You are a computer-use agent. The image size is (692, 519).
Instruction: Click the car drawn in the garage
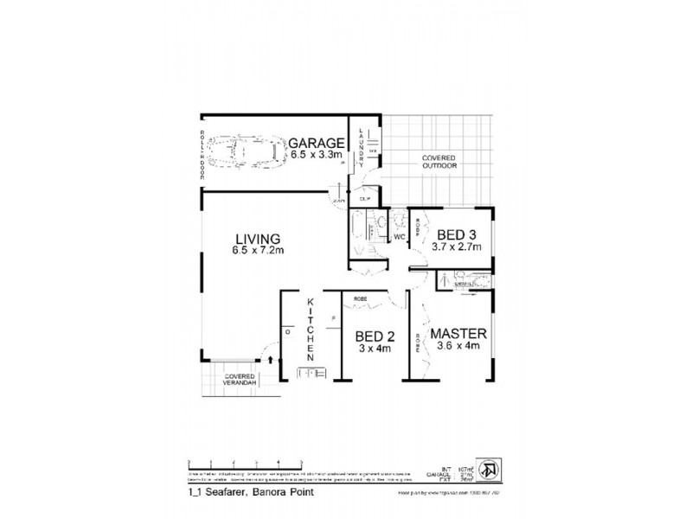250,152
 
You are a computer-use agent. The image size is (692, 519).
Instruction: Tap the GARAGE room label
317,144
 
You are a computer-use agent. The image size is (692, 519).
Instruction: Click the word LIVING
257,238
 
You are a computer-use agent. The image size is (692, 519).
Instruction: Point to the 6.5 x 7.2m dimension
258,251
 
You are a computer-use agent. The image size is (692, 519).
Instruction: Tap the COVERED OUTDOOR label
439,162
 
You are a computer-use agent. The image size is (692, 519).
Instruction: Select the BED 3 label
457,234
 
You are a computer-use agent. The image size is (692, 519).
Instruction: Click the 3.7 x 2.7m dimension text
457,247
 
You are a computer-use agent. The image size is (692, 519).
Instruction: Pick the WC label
400,236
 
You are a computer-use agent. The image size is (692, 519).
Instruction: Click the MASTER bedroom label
461,333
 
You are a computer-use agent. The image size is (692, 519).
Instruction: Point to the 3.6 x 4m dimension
461,347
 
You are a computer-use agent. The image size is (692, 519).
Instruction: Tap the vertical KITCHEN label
309,330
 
